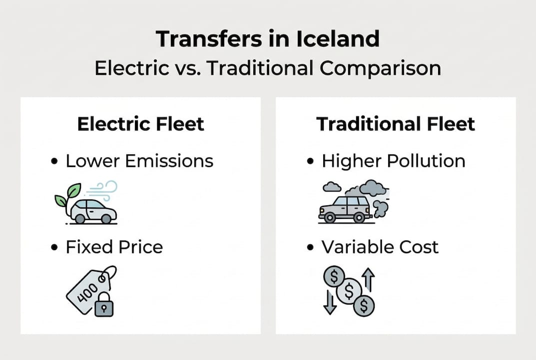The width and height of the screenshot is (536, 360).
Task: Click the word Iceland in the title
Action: (x=337, y=38)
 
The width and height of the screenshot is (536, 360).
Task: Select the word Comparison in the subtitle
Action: (x=380, y=68)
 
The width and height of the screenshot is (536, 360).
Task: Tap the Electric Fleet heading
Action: (x=141, y=124)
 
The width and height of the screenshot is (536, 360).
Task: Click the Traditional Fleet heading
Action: (x=396, y=124)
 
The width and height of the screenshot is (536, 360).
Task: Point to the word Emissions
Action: (x=169, y=161)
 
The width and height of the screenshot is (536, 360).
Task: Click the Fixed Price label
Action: (x=114, y=247)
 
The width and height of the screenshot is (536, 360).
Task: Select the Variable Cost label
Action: (x=380, y=247)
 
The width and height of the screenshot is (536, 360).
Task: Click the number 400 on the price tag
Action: (x=87, y=292)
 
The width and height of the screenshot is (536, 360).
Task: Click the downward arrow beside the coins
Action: (x=330, y=302)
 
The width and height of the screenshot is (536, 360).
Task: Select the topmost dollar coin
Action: (x=334, y=276)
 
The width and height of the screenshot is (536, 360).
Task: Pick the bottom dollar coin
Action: (x=364, y=305)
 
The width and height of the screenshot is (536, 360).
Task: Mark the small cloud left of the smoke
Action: (x=332, y=187)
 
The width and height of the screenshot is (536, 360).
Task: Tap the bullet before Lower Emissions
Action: (x=54, y=161)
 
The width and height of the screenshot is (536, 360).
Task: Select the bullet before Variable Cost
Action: (x=310, y=247)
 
